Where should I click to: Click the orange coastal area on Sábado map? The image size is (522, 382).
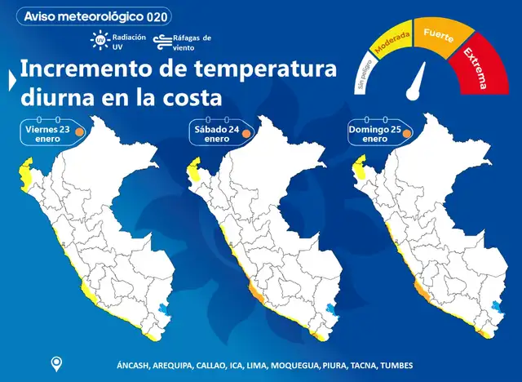point(254,293)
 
